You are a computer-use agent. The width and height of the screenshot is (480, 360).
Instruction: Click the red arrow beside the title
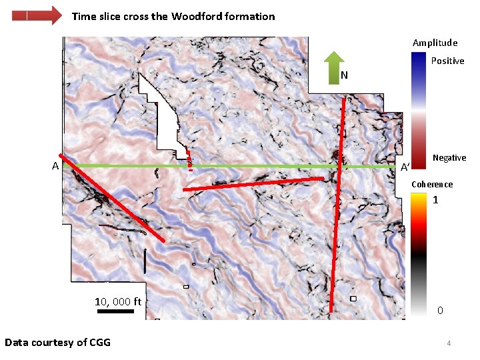pos(37,15)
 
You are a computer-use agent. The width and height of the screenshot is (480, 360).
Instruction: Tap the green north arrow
pos(333,67)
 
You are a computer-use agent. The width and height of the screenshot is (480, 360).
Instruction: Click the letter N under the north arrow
pos(344,75)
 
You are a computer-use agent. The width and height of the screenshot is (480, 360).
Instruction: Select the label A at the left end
pos(56,166)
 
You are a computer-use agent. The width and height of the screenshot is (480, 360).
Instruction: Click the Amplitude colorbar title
pos(435,43)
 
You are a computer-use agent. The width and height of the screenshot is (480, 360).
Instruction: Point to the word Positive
pos(447,61)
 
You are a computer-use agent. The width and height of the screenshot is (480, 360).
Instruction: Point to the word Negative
pos(449,157)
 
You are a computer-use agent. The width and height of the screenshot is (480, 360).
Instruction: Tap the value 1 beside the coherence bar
pos(435,200)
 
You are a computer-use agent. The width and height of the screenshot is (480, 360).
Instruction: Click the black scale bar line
pos(110,311)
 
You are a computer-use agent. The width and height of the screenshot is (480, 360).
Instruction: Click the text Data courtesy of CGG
pos(57,343)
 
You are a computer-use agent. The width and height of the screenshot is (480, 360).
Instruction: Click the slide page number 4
pos(449,343)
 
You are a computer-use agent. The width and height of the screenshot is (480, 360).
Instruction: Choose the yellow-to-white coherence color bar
pos(418,254)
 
